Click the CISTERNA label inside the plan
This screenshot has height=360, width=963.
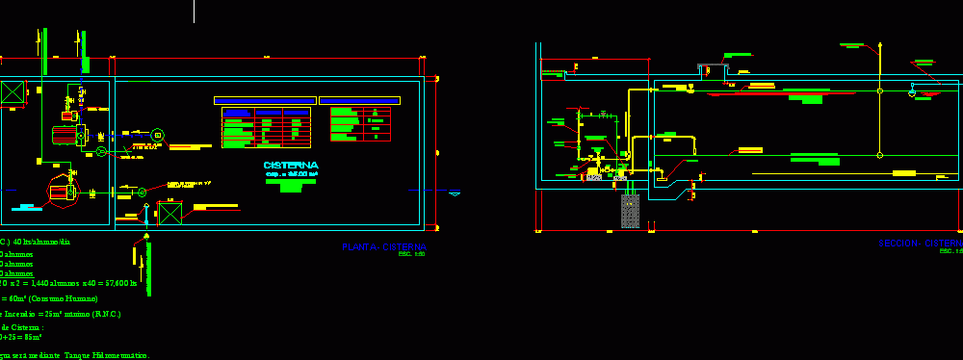point(290,166)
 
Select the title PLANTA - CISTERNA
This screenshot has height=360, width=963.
point(383,247)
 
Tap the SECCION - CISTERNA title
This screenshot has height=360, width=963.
point(920,244)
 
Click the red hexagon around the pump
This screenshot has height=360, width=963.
point(60,192)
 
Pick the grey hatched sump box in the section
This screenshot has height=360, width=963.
point(630,211)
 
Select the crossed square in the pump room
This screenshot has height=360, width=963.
point(13,92)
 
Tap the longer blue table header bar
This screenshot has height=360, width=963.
point(264,100)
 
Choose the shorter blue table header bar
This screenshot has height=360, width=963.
point(359,100)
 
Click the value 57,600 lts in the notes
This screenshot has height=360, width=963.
point(119,284)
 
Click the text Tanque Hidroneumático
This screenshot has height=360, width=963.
point(106,355)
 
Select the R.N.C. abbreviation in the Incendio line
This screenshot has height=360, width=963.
point(106,314)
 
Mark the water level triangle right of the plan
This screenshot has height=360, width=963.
point(455,193)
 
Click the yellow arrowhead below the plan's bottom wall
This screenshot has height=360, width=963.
point(146,235)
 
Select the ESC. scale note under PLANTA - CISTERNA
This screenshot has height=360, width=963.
point(411,255)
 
